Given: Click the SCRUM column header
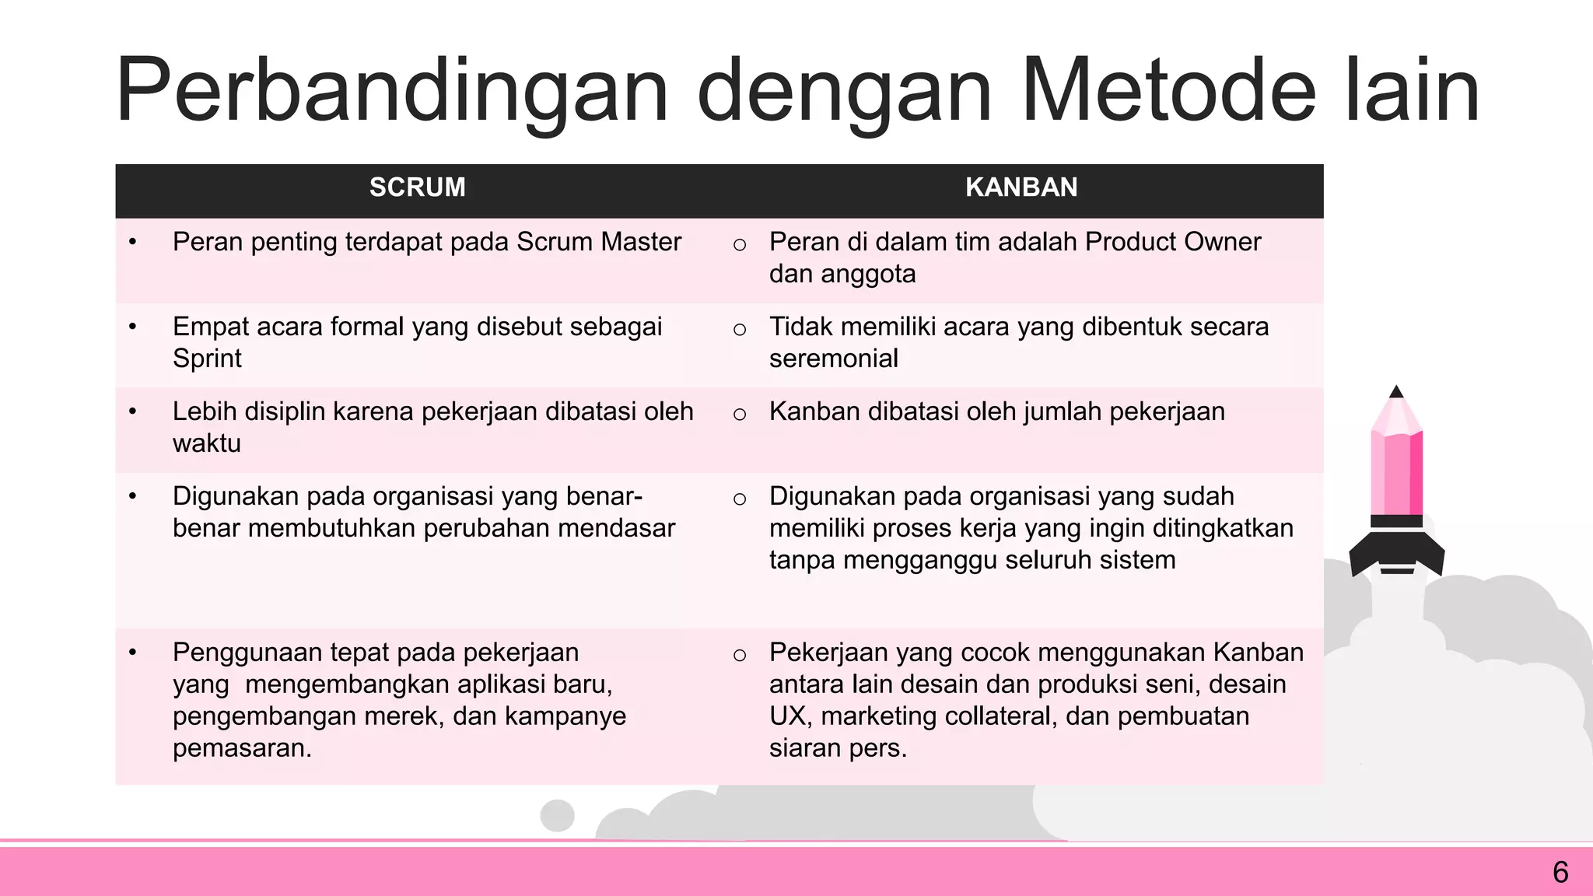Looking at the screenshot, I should pyautogui.click(x=417, y=187).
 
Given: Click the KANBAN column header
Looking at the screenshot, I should pyautogui.click(x=1021, y=187).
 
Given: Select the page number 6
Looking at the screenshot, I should pyautogui.click(x=1560, y=873).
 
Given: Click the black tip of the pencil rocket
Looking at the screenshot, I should pyautogui.click(x=1396, y=392).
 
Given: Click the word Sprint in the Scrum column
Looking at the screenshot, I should pyautogui.click(x=207, y=359).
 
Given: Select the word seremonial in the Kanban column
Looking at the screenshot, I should pyautogui.click(x=833, y=359).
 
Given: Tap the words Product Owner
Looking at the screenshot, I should pyautogui.click(x=1172, y=242).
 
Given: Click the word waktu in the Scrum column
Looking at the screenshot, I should pyautogui.click(x=206, y=443).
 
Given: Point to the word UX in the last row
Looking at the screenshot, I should pyautogui.click(x=786, y=716).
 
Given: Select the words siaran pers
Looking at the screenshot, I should pyautogui.click(x=837, y=748).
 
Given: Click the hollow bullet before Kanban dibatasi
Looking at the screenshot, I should pyautogui.click(x=740, y=415).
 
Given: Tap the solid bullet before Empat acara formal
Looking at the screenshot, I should pyautogui.click(x=133, y=327).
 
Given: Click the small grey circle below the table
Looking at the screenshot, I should pyautogui.click(x=557, y=815).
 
